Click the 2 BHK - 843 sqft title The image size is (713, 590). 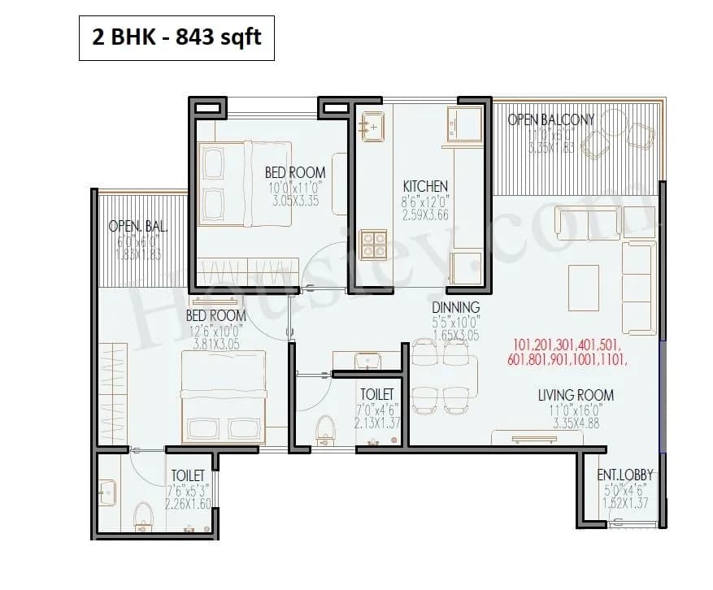(176, 37)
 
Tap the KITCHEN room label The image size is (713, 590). (425, 186)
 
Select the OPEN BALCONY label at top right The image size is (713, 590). (550, 119)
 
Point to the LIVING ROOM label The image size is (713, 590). (576, 396)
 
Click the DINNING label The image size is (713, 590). (455, 307)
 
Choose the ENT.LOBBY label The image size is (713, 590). (625, 475)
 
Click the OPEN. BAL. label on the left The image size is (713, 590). (137, 226)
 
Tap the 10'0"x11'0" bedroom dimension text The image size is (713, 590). (294, 187)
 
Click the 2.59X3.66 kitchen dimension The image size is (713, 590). (425, 215)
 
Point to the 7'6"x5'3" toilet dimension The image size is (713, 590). (187, 490)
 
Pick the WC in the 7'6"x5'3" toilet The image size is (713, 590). (144, 514)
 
